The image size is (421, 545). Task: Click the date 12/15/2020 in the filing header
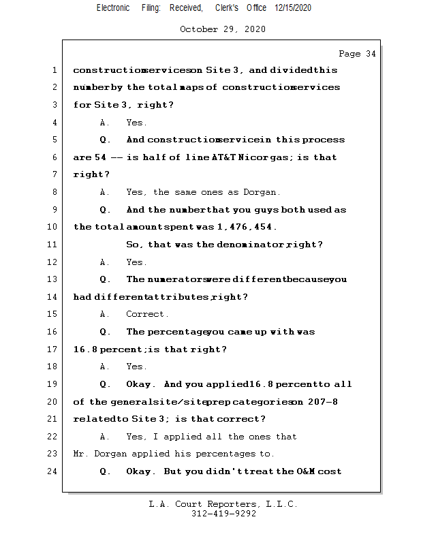[x=293, y=7]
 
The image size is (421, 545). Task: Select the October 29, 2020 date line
[x=223, y=29]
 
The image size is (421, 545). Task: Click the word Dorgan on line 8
[x=264, y=192]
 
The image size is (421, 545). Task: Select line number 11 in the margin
[x=54, y=244]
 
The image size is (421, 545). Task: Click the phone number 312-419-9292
[x=223, y=514]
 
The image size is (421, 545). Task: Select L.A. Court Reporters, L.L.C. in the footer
[x=223, y=504]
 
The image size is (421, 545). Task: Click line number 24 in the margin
[x=54, y=471]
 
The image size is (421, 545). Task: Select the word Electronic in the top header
[x=113, y=7]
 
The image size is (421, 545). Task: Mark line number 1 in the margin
[x=54, y=70]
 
